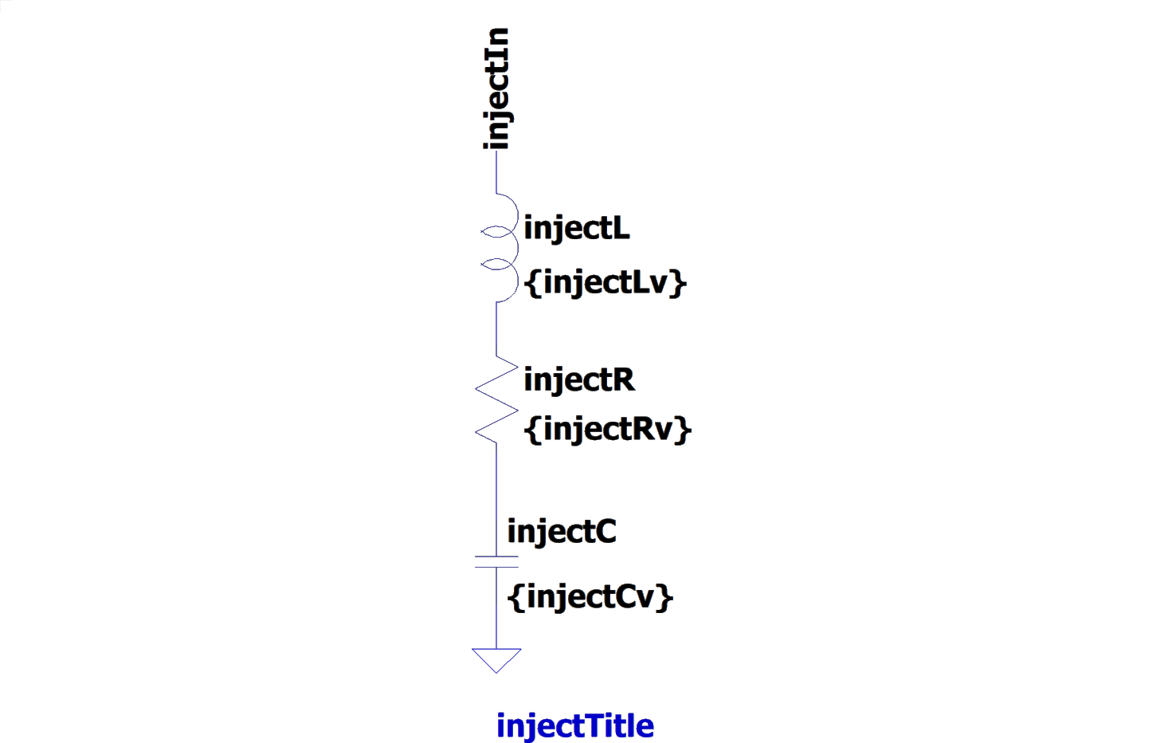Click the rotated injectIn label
coord(496,88)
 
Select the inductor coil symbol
coord(499,247)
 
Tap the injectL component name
coord(577,229)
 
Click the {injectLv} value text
coord(606,282)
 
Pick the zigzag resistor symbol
coord(496,397)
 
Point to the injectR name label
coord(579,379)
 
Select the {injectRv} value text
coord(607,429)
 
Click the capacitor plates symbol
coord(496,561)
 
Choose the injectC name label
coord(562,531)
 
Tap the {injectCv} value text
coord(590,596)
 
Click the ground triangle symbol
coord(496,659)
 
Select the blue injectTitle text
coord(575,725)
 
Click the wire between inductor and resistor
coord(496,328)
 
